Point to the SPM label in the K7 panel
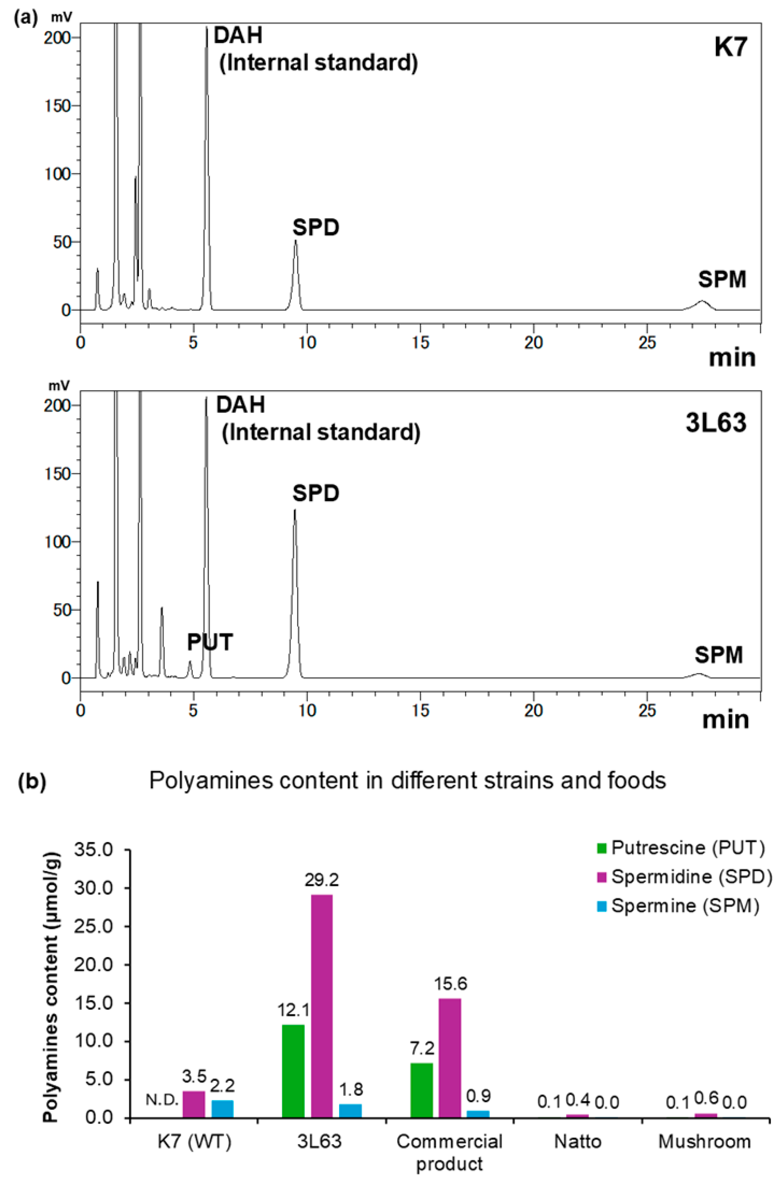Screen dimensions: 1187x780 [x=722, y=280]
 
